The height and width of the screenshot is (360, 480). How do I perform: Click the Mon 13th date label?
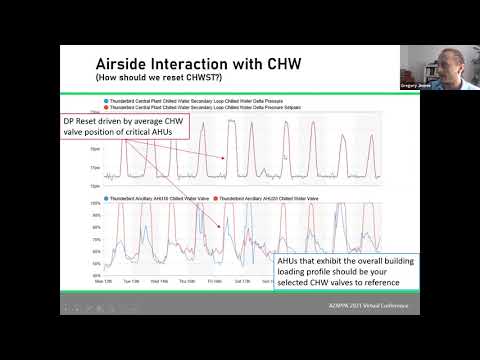pos(103,281)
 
